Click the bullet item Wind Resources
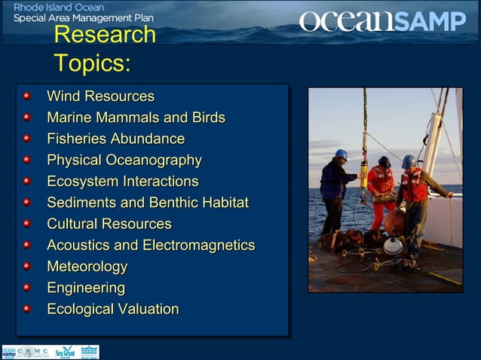pos(100,96)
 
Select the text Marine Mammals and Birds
pos(136,117)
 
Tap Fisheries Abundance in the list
pos(115,139)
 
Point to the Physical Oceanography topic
pos(124,160)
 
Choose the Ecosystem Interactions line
pos(122,182)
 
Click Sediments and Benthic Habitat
pos(147,203)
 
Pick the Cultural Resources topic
pos(109,224)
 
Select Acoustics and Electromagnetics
pos(151,246)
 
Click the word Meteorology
pos(87,267)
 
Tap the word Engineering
pos(86,288)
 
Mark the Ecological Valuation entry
pos(112,310)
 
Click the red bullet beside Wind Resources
pos(27,96)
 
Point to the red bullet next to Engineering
pos(27,288)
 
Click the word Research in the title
pos(105,35)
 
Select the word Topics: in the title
pos(92,63)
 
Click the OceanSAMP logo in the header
pos(382,20)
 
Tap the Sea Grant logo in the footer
pos(65,352)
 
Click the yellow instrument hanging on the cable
pos(364,174)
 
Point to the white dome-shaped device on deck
pos(393,245)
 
